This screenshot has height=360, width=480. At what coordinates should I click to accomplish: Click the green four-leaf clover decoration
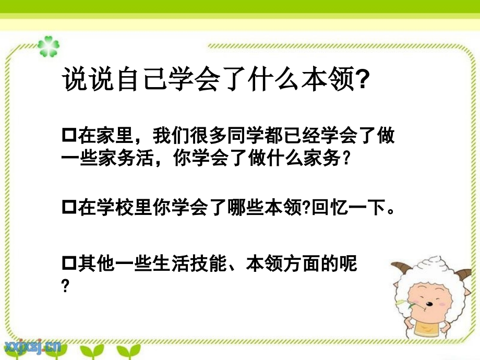pyautogui.click(x=49, y=46)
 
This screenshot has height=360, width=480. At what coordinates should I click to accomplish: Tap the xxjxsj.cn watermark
pyautogui.click(x=33, y=346)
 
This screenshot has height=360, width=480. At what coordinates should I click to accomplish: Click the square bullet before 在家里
pyautogui.click(x=69, y=135)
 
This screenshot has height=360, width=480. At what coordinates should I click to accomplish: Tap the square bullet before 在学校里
pyautogui.click(x=69, y=207)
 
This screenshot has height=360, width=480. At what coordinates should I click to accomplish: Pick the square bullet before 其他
pyautogui.click(x=69, y=263)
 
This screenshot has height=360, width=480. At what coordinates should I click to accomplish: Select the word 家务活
pyautogui.click(x=126, y=158)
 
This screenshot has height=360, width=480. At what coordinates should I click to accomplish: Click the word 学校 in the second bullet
pyautogui.click(x=115, y=207)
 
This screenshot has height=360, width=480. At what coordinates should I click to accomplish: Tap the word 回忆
pyautogui.click(x=330, y=207)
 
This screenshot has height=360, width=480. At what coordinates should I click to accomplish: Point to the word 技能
pyautogui.click(x=208, y=263)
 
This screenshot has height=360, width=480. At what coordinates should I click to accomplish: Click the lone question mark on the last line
pyautogui.click(x=65, y=286)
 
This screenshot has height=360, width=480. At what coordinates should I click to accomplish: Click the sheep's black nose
pyautogui.click(x=429, y=304)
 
